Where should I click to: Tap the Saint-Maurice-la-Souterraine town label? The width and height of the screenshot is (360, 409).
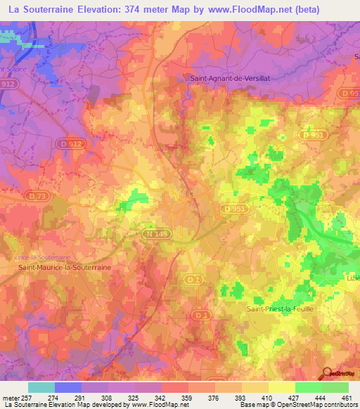pos(65,267)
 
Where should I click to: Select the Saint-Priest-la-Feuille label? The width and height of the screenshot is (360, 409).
pos(281,308)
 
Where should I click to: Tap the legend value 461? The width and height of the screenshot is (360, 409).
pos(347,398)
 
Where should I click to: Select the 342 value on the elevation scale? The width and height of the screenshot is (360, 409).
pos(161,398)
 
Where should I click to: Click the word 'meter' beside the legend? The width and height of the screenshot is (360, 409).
pos(10,398)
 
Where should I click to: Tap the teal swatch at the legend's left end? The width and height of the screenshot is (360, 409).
pos(41,387)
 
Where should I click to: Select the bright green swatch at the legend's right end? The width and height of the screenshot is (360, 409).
pos(335,387)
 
